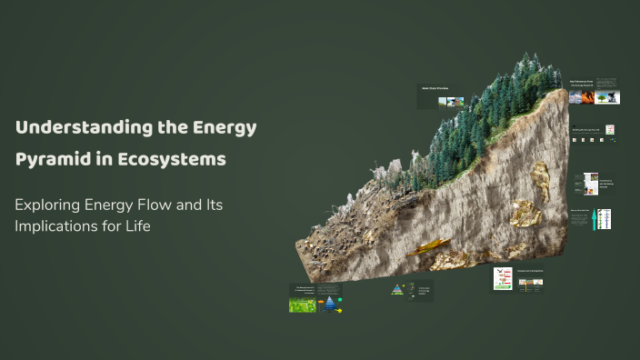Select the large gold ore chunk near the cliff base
(525, 213)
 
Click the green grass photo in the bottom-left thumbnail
(302, 305)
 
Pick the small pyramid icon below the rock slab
(397, 290)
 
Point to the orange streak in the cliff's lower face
(427, 247)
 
